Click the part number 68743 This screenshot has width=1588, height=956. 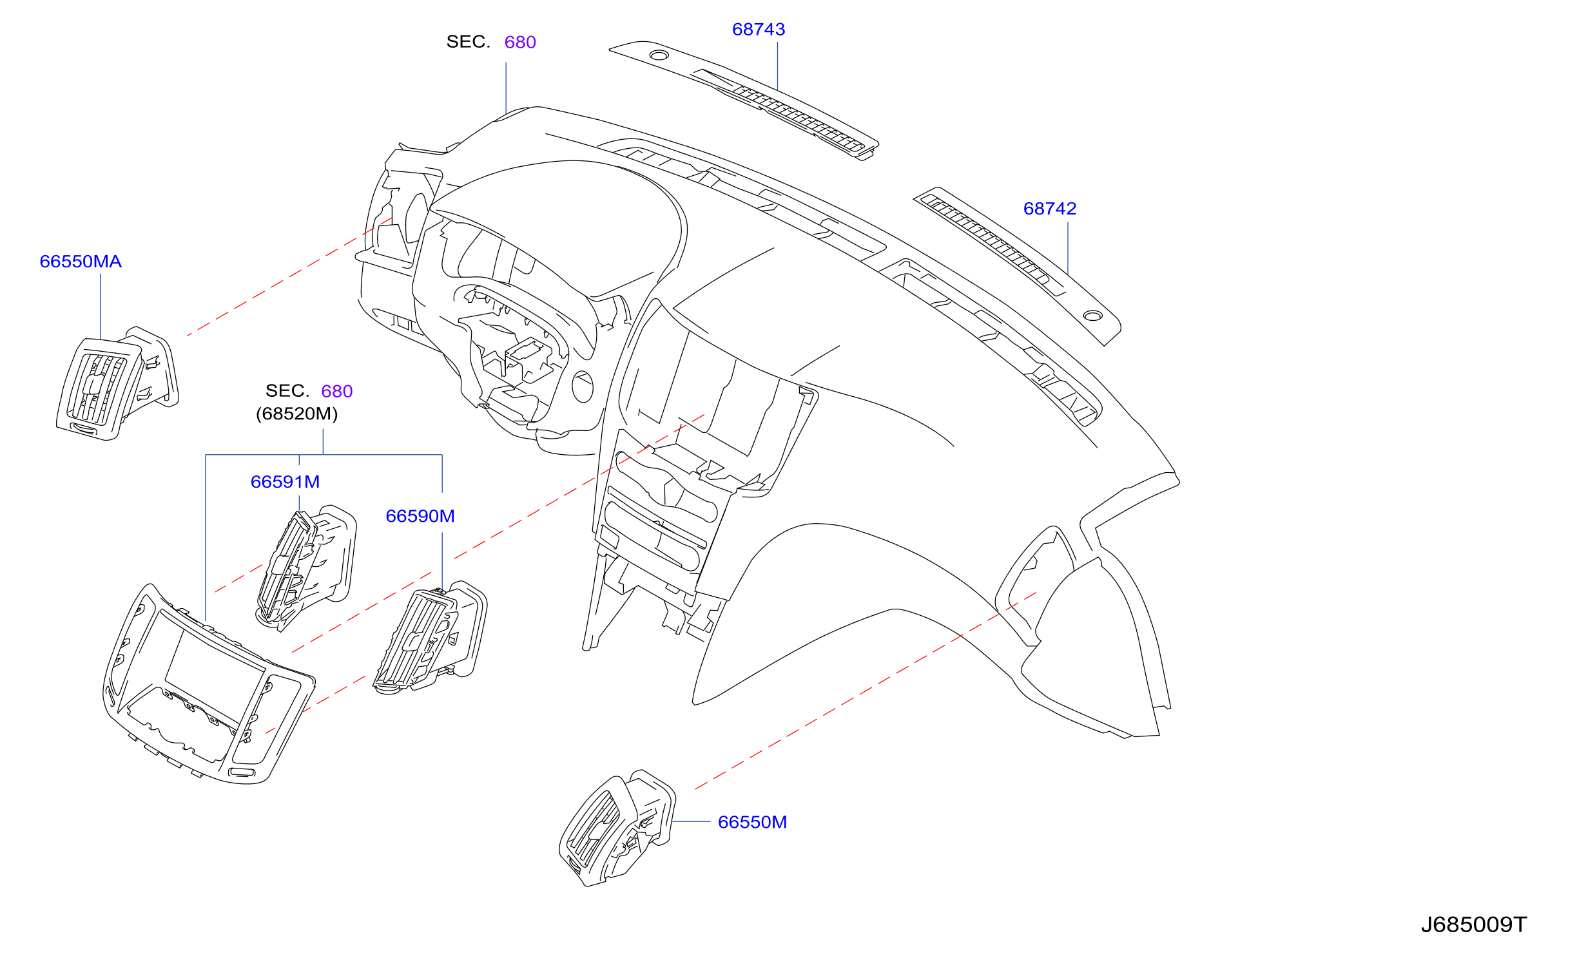pyautogui.click(x=759, y=30)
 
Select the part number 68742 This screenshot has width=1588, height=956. pyautogui.click(x=1050, y=209)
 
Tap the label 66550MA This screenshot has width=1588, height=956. pyautogui.click(x=81, y=262)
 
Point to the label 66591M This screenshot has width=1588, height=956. pyautogui.click(x=285, y=482)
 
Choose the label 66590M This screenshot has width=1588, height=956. pyautogui.click(x=420, y=516)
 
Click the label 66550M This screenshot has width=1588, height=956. pyautogui.click(x=752, y=822)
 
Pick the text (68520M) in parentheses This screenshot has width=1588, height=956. pyautogui.click(x=297, y=414)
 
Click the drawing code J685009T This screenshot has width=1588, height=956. pyautogui.click(x=1474, y=925)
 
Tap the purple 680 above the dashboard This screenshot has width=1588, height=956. pyautogui.click(x=520, y=43)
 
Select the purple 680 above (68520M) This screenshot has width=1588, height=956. pyautogui.click(x=336, y=392)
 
